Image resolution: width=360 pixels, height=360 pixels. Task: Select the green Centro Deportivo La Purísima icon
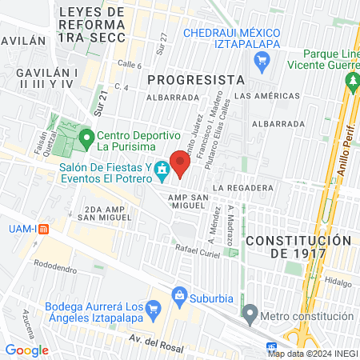pyautogui.click(x=85, y=136)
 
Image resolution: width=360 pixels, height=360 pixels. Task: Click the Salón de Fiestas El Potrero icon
pyautogui.click(x=162, y=169)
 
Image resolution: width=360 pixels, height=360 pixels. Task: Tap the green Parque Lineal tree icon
pyautogui.click(x=351, y=81)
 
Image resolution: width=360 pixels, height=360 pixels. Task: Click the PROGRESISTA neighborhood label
pyautogui.click(x=196, y=80)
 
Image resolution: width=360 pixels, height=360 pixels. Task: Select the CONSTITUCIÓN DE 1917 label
pyautogui.click(x=298, y=246)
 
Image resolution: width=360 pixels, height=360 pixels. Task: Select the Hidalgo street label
pyautogui.click(x=338, y=282)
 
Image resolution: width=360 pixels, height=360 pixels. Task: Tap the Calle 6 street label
pyautogui.click(x=130, y=65)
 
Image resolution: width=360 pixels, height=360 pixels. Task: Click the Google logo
pyautogui.click(x=26, y=350)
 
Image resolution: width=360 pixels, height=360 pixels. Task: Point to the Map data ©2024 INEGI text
pyautogui.click(x=312, y=354)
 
